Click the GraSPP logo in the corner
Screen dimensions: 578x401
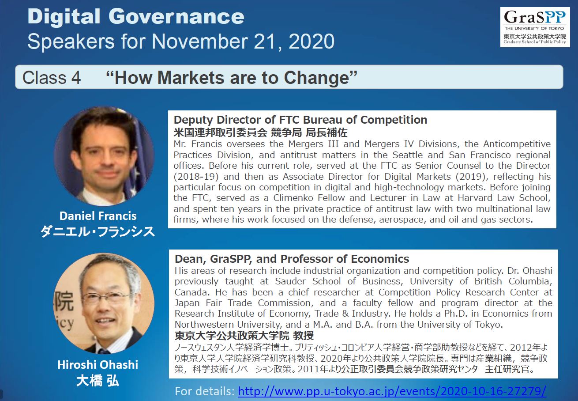click(535, 27)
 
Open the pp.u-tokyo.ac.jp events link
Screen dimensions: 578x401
click(392, 391)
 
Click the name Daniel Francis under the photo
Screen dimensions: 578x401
click(98, 216)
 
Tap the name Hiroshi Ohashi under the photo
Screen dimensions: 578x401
click(98, 365)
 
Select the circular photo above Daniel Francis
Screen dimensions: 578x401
click(104, 156)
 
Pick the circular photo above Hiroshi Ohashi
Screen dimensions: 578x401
click(104, 303)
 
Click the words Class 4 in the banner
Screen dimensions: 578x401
click(52, 77)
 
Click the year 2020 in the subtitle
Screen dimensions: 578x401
click(312, 42)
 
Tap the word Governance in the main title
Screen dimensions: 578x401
click(176, 16)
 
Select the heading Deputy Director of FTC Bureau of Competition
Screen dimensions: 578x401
click(300, 120)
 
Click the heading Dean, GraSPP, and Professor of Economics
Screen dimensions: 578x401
click(292, 259)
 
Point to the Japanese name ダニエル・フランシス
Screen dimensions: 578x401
click(98, 231)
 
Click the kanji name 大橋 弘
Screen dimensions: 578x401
click(98, 381)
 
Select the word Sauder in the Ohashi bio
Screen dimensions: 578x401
click(291, 281)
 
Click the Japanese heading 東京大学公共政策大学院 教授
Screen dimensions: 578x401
click(244, 335)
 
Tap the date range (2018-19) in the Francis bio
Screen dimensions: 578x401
click(196, 177)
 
